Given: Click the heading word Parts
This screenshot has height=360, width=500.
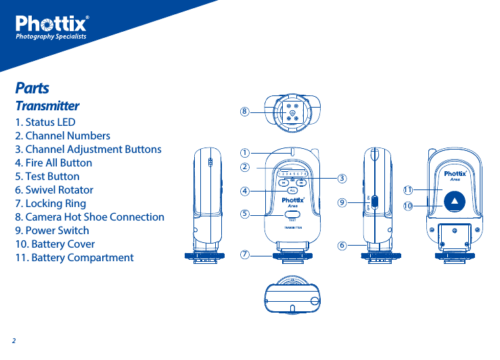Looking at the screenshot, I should coord(32,89).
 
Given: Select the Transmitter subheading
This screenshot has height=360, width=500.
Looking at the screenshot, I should coord(47,106).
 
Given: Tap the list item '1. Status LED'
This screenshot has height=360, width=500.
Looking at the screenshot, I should coord(45,122).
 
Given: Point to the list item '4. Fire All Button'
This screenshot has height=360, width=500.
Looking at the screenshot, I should coord(53,163).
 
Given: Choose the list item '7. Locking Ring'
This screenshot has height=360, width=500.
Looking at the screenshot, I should coord(51,204).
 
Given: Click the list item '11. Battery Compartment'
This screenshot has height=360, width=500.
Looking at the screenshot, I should coord(74,258).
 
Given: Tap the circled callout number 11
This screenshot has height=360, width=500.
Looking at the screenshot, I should coord(408,189).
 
